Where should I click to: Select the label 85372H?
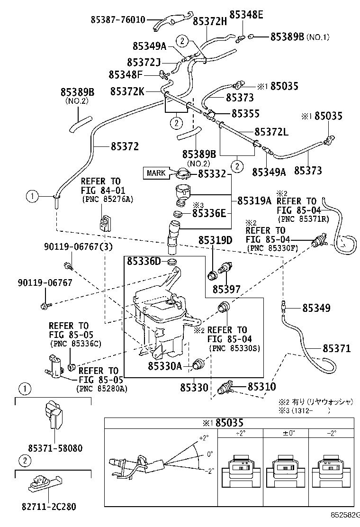coord(210,21)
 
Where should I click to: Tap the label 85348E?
coord(246,15)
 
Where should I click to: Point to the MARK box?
coord(156,173)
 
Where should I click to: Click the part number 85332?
coord(212,174)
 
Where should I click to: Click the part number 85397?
coord(226,289)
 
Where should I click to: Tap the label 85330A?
coord(164,366)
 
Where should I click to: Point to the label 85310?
coord(261,387)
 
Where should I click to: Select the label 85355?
coord(245,114)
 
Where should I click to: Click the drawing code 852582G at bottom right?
coord(345,520)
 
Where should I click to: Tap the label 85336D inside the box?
coord(144,261)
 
